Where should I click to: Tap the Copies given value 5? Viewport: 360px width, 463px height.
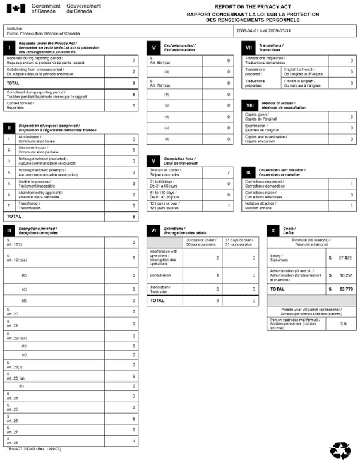351,117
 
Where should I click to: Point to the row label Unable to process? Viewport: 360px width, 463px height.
34,183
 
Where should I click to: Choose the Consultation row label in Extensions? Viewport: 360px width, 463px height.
160,275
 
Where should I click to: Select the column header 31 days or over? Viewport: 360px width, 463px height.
240,242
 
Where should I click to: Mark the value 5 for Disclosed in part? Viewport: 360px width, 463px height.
133,150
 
